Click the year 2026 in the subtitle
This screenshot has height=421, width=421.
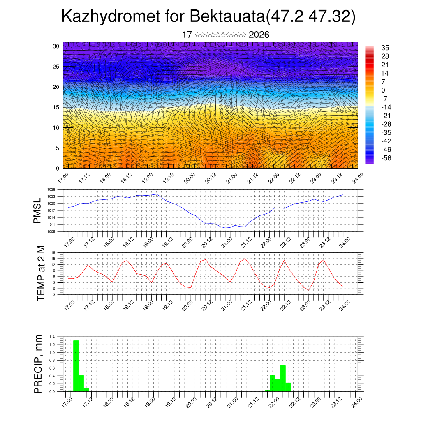259,35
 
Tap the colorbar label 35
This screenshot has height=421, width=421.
385,48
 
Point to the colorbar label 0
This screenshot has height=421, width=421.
383,90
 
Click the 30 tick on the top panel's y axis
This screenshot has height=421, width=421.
56,46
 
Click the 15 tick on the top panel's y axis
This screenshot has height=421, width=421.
56,107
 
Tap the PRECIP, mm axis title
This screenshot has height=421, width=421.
38,363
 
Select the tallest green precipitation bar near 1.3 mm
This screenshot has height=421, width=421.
76,365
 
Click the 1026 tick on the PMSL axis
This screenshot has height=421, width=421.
51,190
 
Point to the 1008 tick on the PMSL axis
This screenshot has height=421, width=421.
51,231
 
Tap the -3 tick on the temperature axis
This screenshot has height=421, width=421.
53,295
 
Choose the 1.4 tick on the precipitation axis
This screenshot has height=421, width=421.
52,337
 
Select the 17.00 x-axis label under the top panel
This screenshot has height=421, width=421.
63,178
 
